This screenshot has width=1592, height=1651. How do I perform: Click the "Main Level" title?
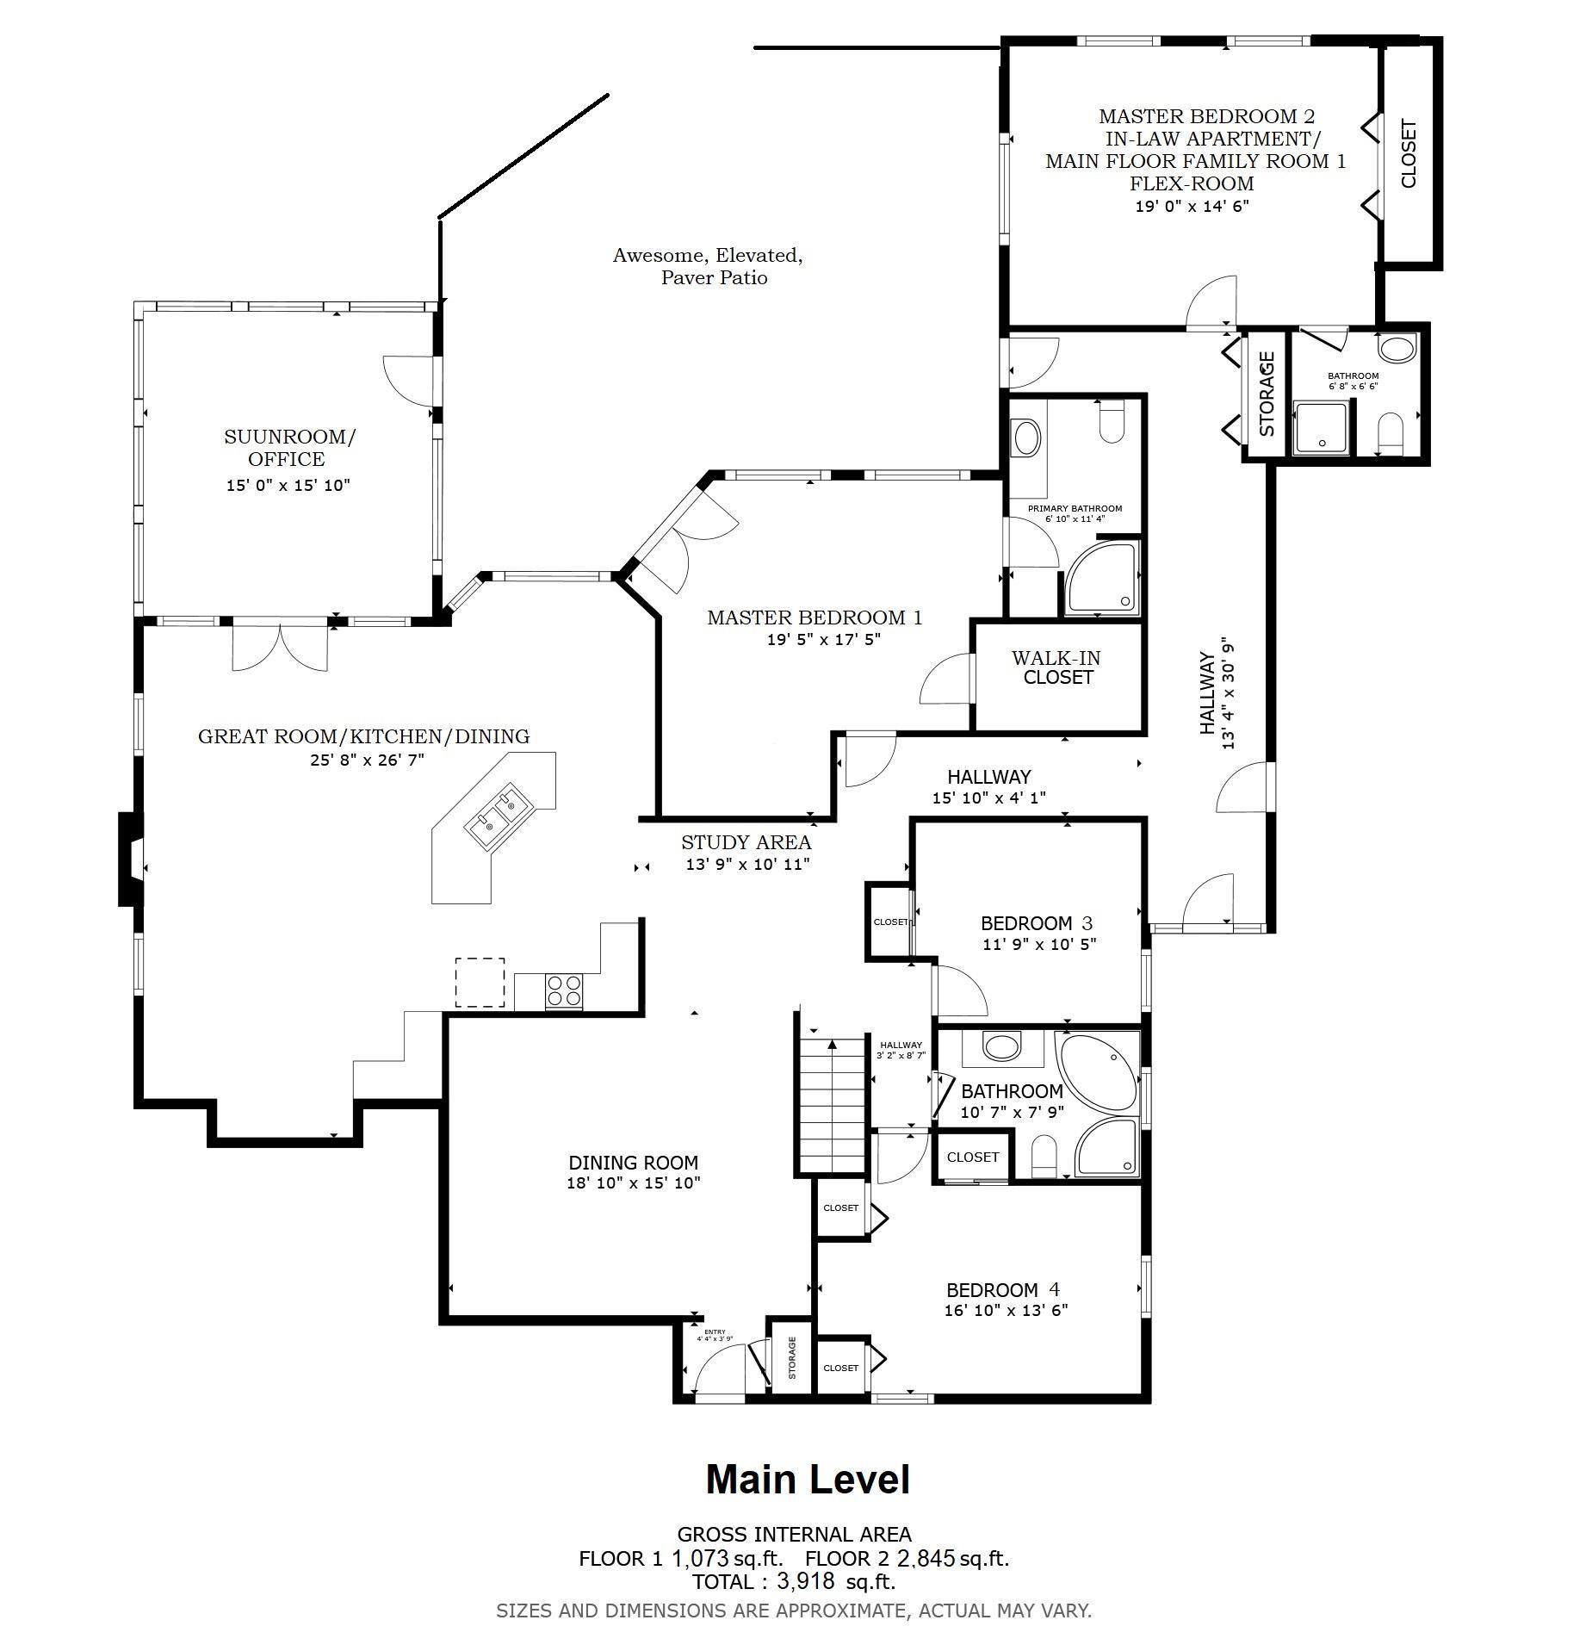click(x=807, y=1480)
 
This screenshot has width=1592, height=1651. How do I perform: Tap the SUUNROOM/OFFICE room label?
click(x=288, y=447)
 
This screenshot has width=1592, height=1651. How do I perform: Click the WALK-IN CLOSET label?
click(x=1056, y=667)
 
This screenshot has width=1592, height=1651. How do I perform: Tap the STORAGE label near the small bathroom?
click(x=1266, y=393)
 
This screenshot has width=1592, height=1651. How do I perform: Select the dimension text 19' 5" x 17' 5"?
click(x=823, y=639)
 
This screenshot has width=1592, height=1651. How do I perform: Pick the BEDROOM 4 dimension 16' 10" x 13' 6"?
click(x=1006, y=1310)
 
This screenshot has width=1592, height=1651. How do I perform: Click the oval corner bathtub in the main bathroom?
click(x=1099, y=1071)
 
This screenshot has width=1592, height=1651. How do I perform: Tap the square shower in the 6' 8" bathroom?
click(x=1321, y=427)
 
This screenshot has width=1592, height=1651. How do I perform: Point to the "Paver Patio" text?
click(x=714, y=277)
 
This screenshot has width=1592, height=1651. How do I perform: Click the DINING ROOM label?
click(x=633, y=1163)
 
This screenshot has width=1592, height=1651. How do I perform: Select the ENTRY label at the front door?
click(x=715, y=1331)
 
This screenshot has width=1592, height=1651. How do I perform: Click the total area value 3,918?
click(x=805, y=1580)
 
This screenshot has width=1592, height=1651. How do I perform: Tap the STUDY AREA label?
click(x=746, y=842)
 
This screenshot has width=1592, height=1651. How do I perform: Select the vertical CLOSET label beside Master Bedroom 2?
click(x=1408, y=154)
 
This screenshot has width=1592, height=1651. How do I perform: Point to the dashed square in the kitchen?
click(x=480, y=982)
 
